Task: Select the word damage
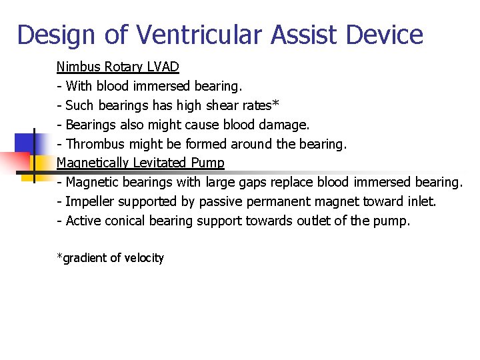click(x=286, y=125)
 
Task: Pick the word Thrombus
click(x=93, y=144)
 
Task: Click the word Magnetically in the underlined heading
click(x=93, y=163)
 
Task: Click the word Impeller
click(x=89, y=201)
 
